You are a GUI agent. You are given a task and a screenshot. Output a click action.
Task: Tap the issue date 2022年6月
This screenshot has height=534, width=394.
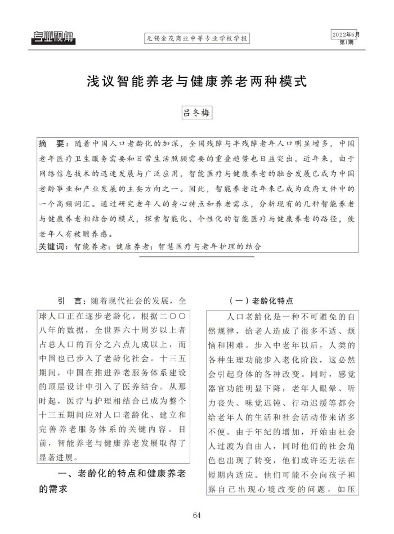345,35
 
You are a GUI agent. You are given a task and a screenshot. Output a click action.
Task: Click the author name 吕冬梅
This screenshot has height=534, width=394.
197,113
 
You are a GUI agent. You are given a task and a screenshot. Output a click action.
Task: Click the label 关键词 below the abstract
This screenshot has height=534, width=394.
52,246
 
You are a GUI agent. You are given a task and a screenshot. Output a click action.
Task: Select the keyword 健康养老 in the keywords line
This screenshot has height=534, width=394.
133,246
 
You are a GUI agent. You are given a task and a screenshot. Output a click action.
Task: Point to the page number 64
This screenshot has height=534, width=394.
197,515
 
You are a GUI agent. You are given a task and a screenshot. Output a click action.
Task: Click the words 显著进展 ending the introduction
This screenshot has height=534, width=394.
60,457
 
